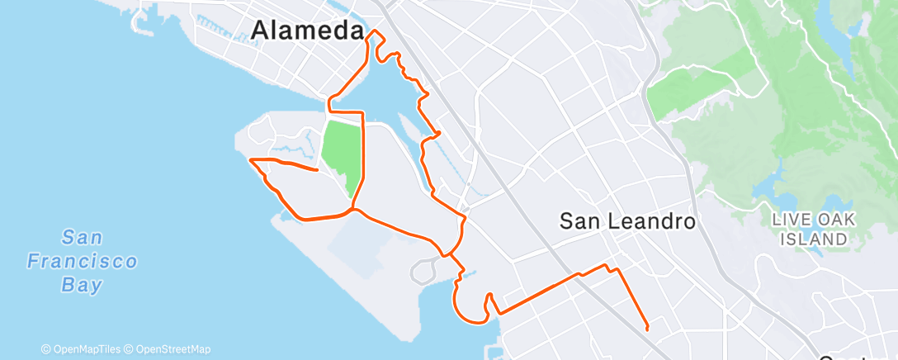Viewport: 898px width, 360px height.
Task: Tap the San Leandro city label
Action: pos(627,221)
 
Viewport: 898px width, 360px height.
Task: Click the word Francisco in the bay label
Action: pos(82,263)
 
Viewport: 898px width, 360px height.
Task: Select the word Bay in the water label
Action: pos(82,286)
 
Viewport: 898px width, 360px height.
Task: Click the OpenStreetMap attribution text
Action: pos(173,349)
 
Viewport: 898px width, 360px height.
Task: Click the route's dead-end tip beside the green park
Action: pos(318,171)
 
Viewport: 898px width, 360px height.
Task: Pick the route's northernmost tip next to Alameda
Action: pos(376,31)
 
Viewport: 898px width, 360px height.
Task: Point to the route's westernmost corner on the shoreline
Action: pos(249,159)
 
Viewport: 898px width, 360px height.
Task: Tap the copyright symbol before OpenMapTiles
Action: pos(45,349)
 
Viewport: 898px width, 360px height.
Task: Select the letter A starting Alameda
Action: pos(259,31)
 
